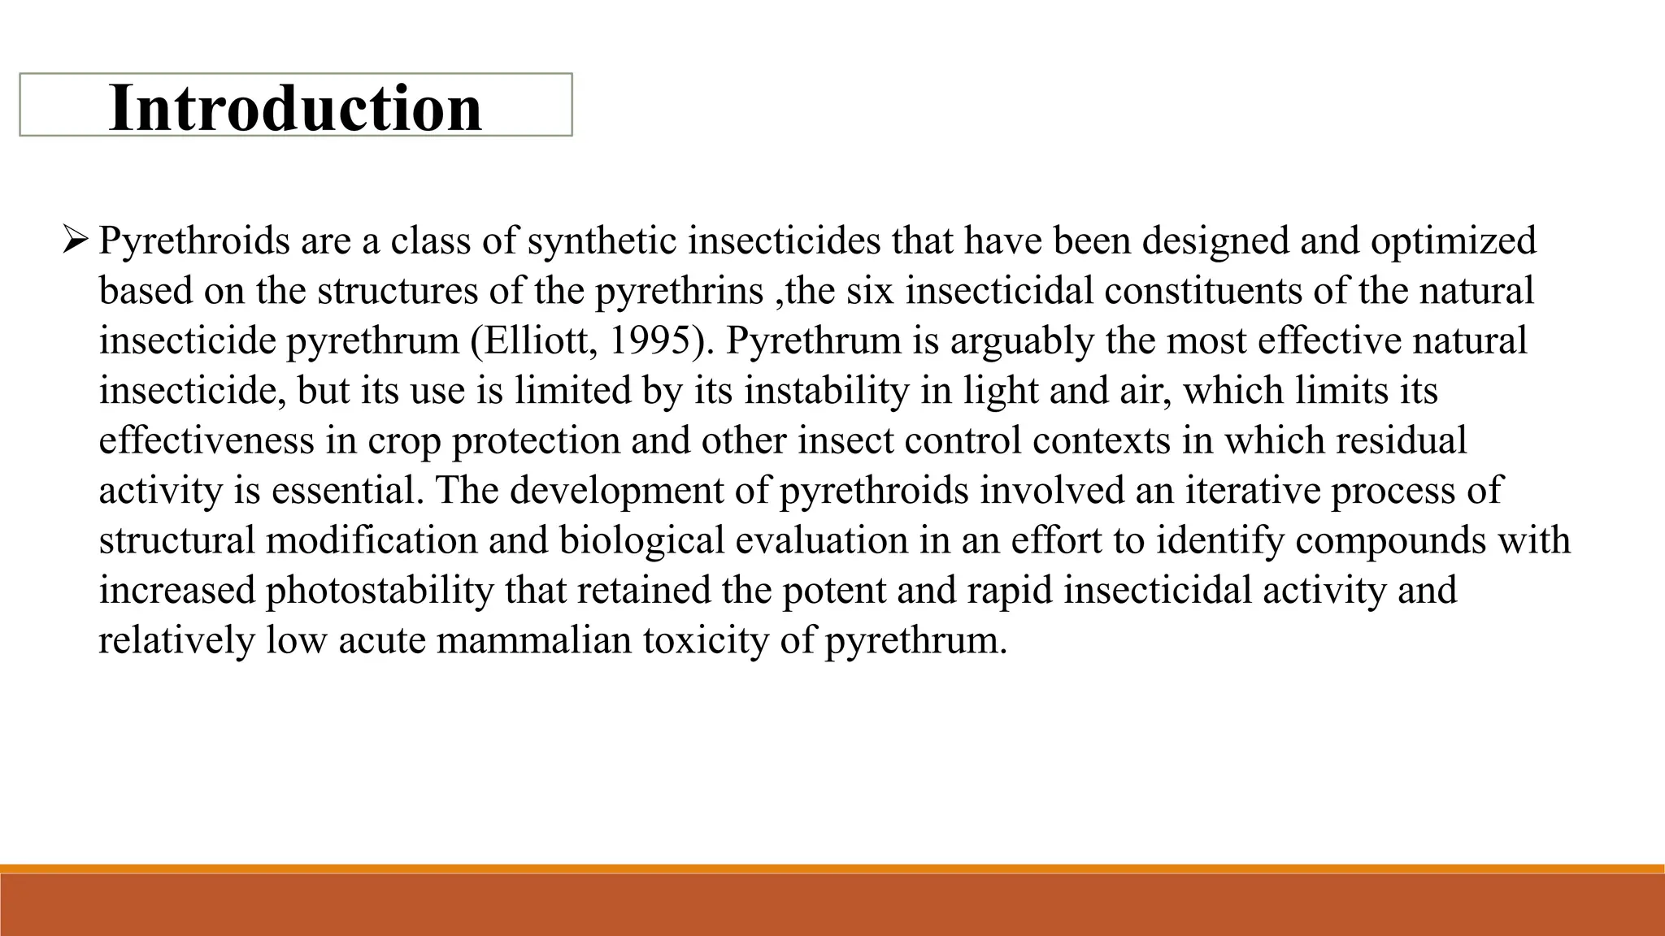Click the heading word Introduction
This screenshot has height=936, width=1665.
point(295,107)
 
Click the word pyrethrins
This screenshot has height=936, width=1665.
point(680,291)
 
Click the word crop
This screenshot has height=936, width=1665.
point(403,440)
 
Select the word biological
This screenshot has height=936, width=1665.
point(641,540)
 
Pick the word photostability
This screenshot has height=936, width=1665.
point(380,591)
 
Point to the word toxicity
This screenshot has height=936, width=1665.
point(706,640)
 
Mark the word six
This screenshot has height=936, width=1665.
point(870,291)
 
